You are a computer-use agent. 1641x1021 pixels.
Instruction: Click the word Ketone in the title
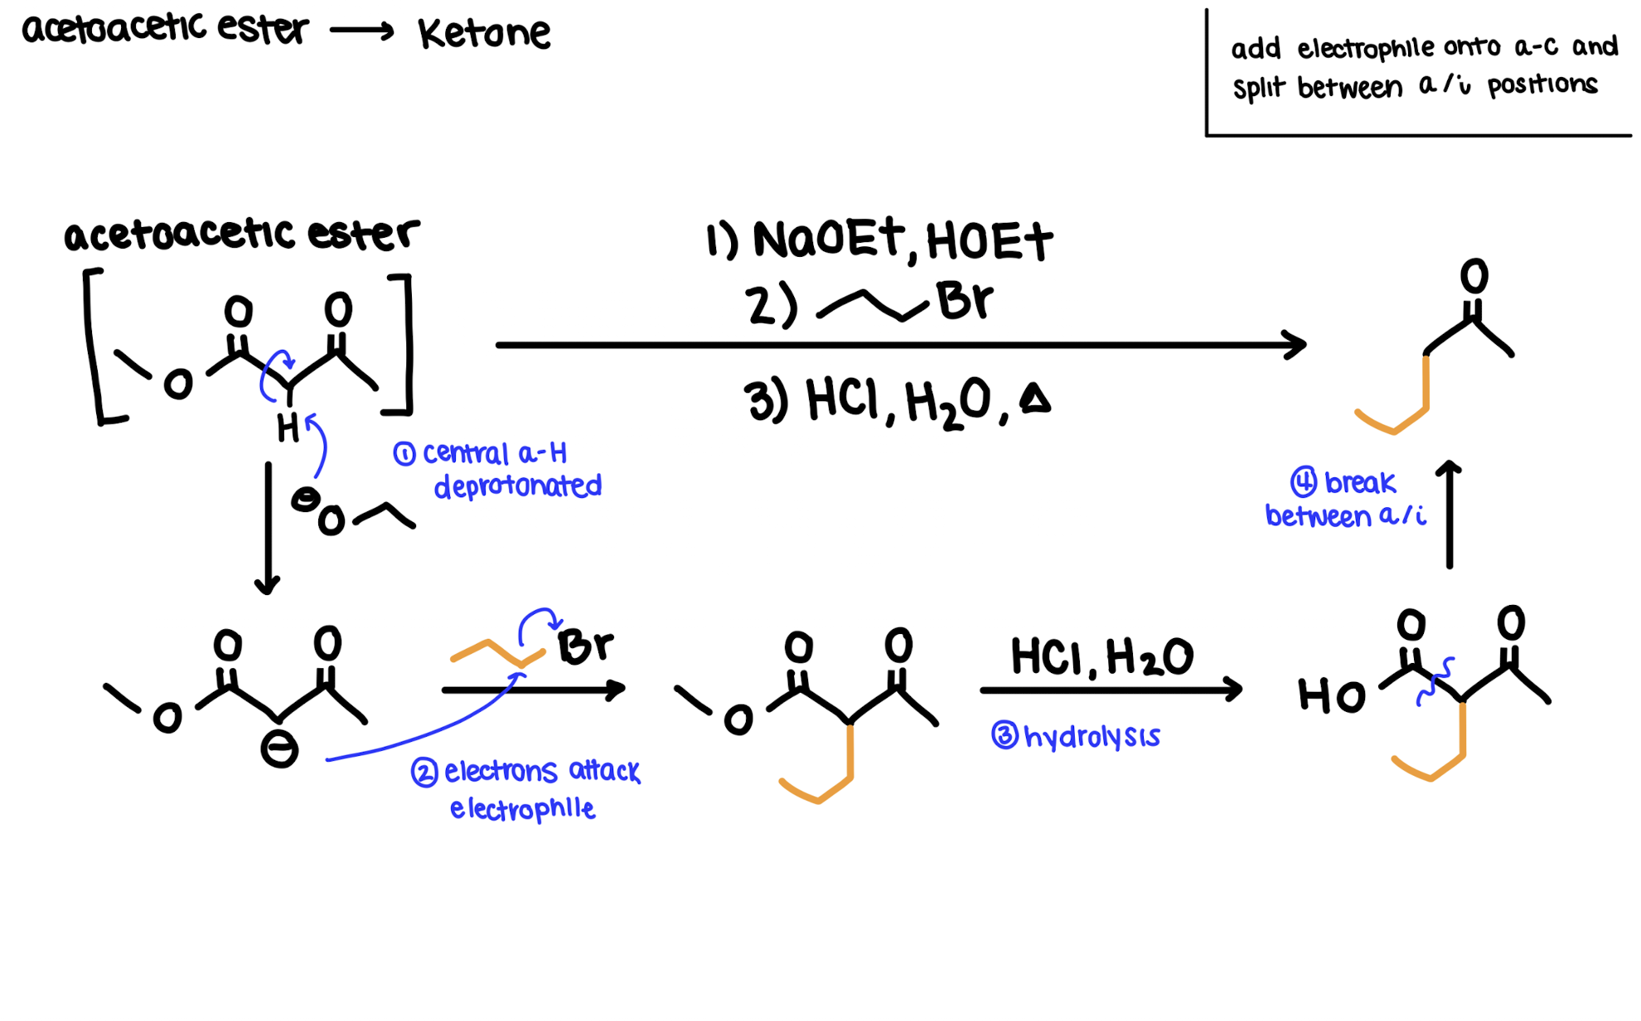(484, 34)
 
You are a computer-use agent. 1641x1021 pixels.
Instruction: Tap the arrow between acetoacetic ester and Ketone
(361, 31)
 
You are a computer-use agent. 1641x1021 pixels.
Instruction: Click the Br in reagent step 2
(964, 300)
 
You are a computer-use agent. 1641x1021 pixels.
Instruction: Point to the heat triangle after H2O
(1035, 399)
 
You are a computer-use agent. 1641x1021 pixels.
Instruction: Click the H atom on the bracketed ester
(288, 428)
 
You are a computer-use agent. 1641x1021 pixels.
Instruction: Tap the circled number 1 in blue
(404, 454)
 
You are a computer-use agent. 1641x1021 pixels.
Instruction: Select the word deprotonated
(518, 486)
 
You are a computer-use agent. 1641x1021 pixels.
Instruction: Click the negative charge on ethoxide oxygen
(305, 499)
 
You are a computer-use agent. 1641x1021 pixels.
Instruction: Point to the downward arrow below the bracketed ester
(268, 530)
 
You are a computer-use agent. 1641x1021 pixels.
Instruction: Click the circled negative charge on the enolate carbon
(279, 751)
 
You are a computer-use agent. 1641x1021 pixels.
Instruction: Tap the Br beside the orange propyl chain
(585, 646)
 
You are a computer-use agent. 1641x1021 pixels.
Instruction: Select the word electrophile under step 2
(522, 808)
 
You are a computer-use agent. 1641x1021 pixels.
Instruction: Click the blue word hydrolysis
(1092, 736)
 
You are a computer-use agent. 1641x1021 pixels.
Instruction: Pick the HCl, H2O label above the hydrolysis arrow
(1101, 657)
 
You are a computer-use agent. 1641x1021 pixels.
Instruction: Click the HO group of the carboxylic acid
(1331, 696)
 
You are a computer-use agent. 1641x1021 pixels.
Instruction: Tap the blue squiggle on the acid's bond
(1435, 681)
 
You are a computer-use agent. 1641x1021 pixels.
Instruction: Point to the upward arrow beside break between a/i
(1450, 514)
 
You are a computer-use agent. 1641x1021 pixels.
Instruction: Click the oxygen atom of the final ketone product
(1474, 276)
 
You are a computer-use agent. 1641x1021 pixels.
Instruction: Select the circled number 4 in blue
(1304, 481)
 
